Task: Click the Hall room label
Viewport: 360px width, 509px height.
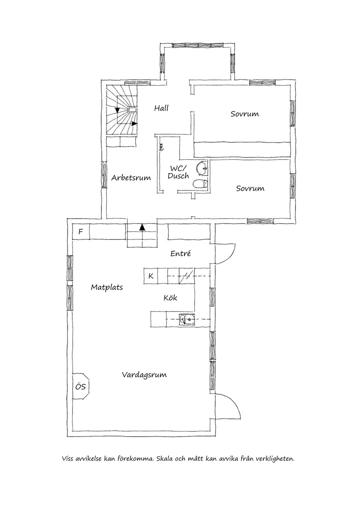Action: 161,108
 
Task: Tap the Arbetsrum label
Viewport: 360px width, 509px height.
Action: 131,178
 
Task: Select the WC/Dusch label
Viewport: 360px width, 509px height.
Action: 178,172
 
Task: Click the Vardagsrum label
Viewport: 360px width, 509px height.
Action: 144,375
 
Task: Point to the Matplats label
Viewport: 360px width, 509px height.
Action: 107,287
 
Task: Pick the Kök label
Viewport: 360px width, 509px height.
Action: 170,298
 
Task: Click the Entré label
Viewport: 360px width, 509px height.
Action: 180,253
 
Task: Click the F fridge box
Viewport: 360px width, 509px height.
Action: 81,232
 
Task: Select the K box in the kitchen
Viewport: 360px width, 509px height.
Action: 150,276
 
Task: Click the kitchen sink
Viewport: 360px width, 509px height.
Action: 187,319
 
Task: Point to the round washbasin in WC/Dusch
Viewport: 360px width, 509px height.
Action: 202,168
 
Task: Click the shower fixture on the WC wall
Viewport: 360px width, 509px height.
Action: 161,147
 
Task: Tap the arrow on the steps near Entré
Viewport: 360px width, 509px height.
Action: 142,227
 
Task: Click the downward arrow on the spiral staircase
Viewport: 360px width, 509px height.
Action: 117,110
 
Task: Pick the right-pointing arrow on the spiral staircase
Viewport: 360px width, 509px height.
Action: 135,124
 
